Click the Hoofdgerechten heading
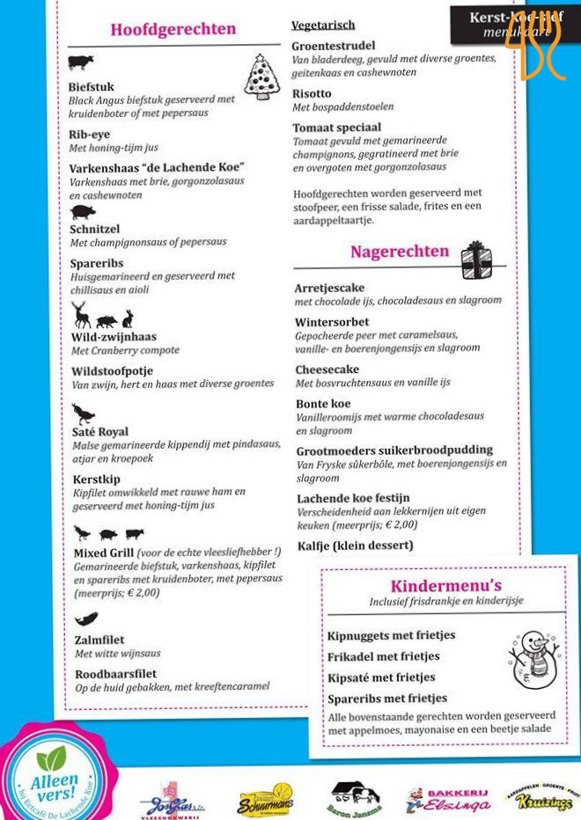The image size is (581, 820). point(173,30)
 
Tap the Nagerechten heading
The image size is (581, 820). point(400,252)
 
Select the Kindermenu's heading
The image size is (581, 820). point(446,586)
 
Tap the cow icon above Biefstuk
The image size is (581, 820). point(80,62)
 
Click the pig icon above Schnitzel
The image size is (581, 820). point(83,212)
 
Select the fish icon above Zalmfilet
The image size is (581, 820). point(85,619)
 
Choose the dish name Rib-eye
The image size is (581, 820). point(88,135)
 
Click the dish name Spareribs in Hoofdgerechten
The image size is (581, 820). point(97,263)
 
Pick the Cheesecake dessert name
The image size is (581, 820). point(327,370)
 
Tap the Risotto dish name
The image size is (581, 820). point(312,93)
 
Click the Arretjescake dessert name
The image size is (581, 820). point(329,288)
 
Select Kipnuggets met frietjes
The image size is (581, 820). point(391,635)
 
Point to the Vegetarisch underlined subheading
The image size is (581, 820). point(323,25)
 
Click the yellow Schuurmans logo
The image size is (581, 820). point(265,801)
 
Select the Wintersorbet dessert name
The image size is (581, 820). point(332,322)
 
